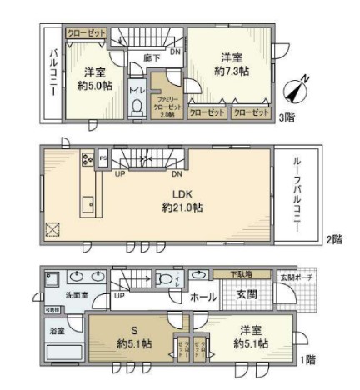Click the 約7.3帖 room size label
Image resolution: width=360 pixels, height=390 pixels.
231,72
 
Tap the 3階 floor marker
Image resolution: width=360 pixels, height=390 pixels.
288,117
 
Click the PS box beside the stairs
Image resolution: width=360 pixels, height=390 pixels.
103,156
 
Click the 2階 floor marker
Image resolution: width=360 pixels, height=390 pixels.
333,238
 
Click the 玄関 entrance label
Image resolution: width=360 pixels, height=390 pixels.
247,294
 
